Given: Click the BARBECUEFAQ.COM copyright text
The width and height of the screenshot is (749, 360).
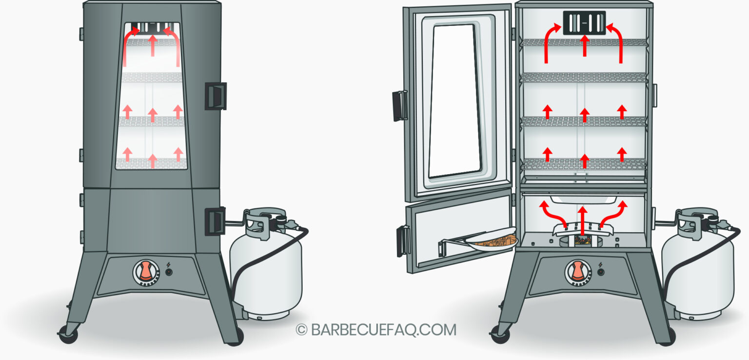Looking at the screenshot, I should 376,330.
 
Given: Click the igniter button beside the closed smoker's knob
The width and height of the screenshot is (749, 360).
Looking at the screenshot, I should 169,272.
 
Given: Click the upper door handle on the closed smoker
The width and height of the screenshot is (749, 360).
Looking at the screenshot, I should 215,96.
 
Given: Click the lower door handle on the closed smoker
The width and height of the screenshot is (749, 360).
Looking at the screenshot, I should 215,220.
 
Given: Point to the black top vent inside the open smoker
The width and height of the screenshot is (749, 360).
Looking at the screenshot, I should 584,22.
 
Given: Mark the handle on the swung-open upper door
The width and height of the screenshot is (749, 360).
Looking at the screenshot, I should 400,105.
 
